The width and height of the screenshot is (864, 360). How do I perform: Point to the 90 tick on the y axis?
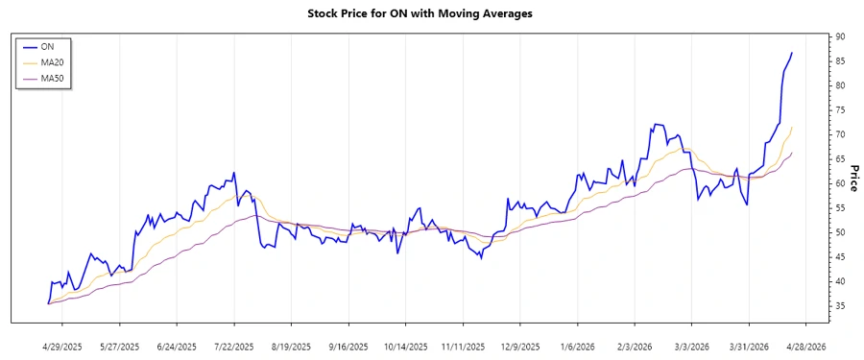[840, 36]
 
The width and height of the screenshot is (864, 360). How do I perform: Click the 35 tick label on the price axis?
[840, 305]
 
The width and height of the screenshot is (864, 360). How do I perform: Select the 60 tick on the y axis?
[840, 183]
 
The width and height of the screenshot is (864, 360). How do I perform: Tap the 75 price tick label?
[840, 109]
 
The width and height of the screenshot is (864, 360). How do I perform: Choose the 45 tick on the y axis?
[840, 256]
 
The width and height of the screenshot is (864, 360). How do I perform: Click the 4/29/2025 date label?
[62, 346]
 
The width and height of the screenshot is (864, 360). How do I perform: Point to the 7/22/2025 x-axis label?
[234, 346]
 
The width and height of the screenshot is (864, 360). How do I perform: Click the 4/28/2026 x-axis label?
[804, 346]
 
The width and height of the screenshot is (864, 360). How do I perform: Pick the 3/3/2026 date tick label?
[690, 346]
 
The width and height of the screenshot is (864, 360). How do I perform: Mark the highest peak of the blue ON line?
[792, 53]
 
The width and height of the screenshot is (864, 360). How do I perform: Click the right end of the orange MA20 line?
[792, 127]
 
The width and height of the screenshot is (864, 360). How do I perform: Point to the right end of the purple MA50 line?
[792, 153]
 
